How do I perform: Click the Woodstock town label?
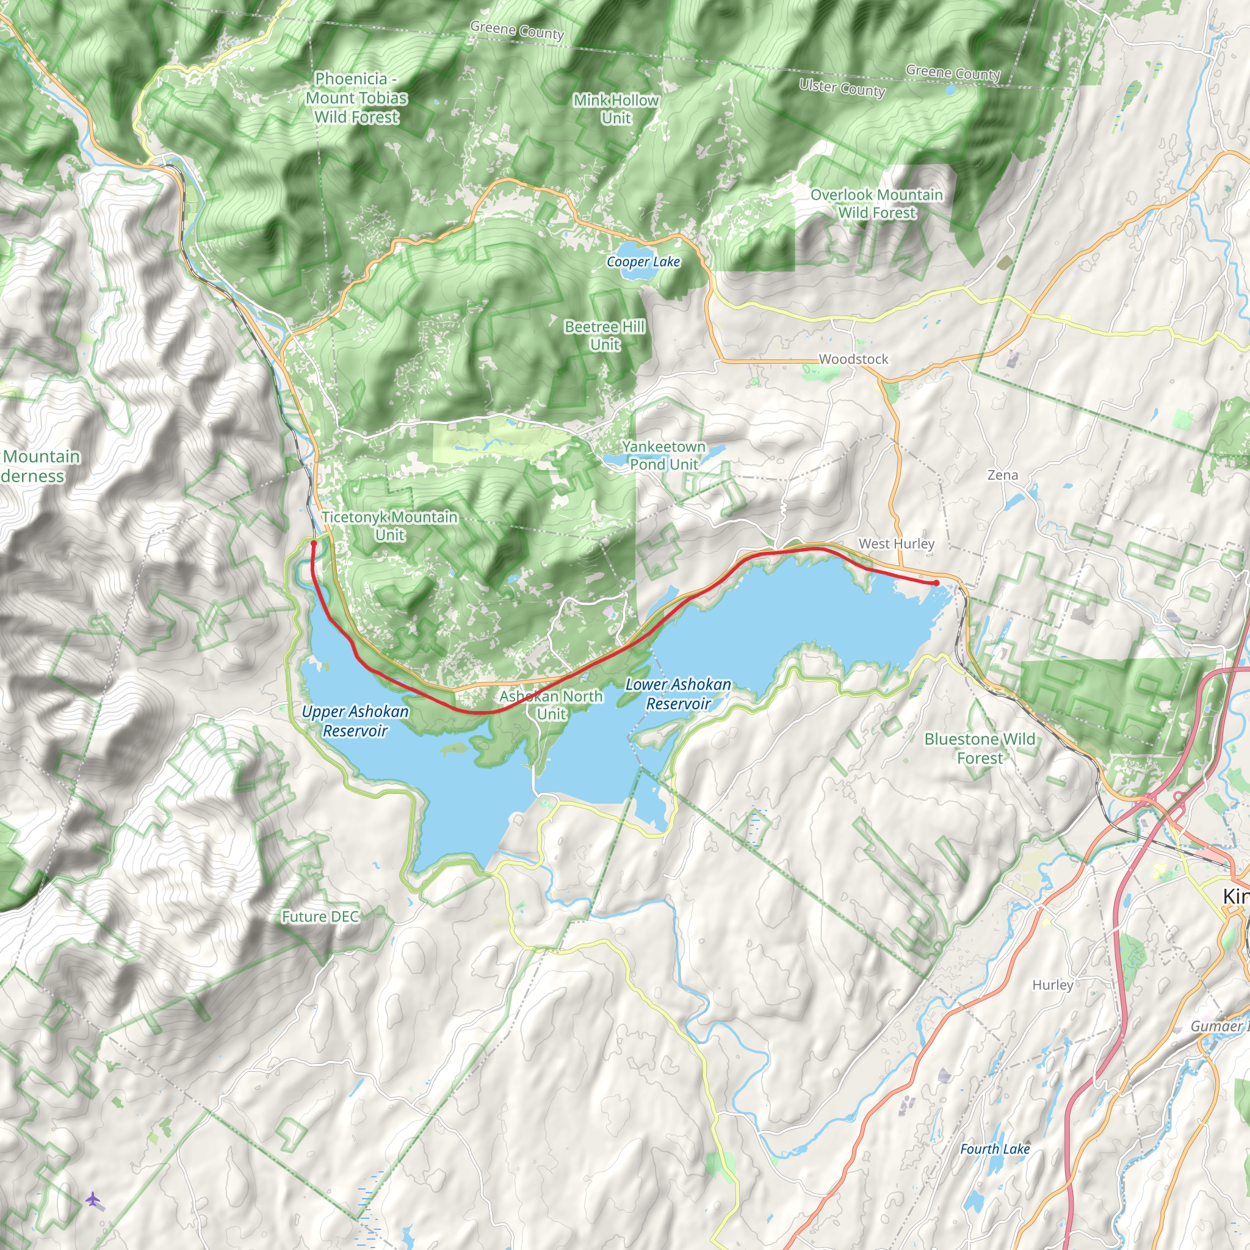[853, 359]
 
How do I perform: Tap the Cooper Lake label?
[643, 262]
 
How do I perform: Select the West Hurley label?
[896, 544]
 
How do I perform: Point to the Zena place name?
[1002, 475]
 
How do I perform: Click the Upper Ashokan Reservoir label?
[355, 721]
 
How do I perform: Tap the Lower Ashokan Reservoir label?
[678, 693]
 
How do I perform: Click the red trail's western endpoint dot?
[314, 543]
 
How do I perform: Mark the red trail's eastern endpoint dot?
[936, 583]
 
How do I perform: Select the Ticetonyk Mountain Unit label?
[389, 526]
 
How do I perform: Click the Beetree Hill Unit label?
[604, 335]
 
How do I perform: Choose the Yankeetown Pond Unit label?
[664, 455]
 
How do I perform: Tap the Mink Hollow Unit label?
[616, 109]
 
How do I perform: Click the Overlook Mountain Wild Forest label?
[876, 204]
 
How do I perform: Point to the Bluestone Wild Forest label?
[980, 748]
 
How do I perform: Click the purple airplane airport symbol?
[93, 1199]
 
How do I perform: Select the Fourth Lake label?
[994, 1149]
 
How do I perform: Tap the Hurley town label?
[1053, 984]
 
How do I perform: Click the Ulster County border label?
[842, 87]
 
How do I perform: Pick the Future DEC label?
[320, 917]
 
